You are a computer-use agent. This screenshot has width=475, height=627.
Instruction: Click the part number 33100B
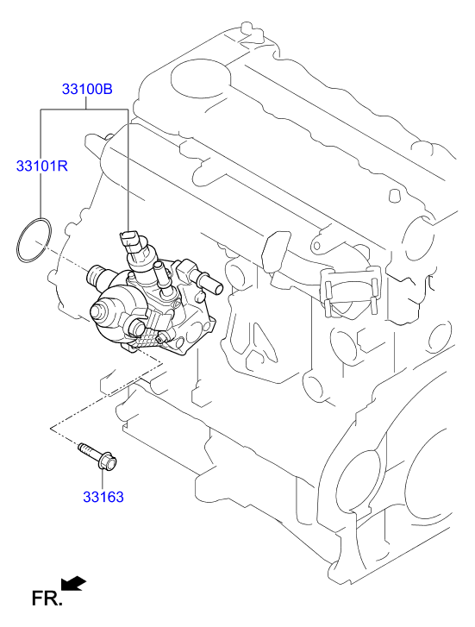(87, 89)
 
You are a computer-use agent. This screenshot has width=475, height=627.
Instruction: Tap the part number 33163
(103, 497)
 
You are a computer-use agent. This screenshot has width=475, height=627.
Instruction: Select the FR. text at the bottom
(46, 598)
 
